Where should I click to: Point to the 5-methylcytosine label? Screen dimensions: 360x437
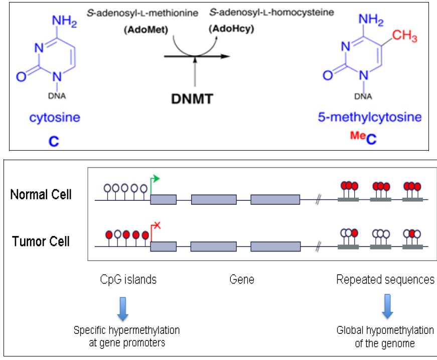[x=370, y=117]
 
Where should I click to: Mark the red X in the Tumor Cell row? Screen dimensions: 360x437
[x=156, y=226]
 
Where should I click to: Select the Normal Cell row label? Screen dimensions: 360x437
[x=41, y=194]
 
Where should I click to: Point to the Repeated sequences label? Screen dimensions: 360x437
[x=385, y=280]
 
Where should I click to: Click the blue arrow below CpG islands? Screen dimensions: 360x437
[x=123, y=308]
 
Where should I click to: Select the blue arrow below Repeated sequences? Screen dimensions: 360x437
[x=386, y=307]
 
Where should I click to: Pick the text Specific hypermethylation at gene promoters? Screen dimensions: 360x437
[x=126, y=336]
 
